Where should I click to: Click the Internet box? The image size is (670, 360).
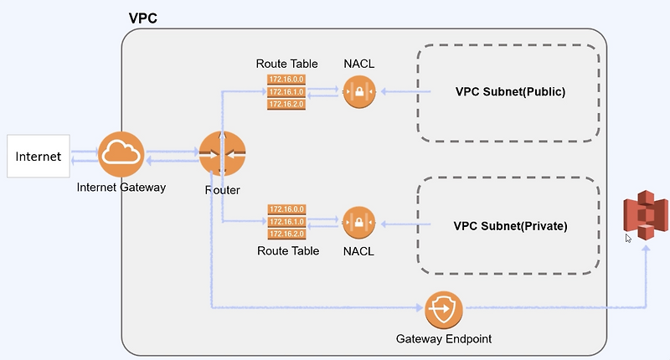tap(39, 156)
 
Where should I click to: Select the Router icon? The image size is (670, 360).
tap(222, 154)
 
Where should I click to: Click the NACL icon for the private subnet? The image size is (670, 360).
tap(358, 223)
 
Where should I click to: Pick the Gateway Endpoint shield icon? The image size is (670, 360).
tap(442, 309)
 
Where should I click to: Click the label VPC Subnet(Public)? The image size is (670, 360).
tap(510, 91)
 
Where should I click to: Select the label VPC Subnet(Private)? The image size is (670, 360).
tap(510, 225)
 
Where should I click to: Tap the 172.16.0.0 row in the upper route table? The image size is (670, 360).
tap(286, 79)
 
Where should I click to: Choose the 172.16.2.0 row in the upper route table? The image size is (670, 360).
tap(286, 104)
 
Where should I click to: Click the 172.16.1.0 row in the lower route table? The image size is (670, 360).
tap(286, 222)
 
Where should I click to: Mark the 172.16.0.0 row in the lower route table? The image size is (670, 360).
tap(286, 209)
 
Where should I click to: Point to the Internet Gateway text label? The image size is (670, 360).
tap(121, 188)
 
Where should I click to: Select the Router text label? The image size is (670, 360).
tap(222, 190)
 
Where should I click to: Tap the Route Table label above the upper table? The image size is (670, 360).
tap(286, 64)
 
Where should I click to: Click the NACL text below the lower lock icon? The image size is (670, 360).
tap(358, 250)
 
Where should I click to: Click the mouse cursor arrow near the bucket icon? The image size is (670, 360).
tap(629, 238)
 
